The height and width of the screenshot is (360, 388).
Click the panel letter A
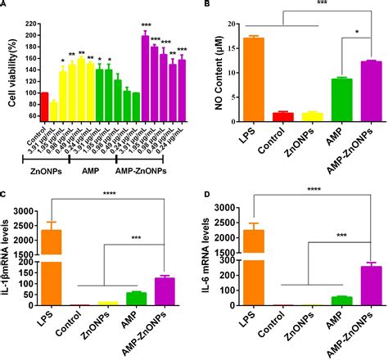click(x=5, y=5)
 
